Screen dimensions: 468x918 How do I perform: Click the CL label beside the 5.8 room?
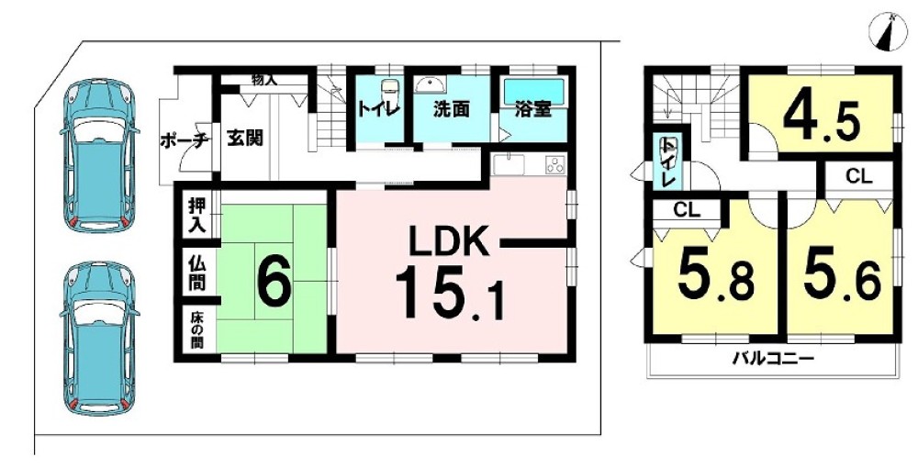[687, 209]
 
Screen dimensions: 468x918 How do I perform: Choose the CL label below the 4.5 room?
[857, 177]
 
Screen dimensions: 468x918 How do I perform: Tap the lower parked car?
[96, 335]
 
